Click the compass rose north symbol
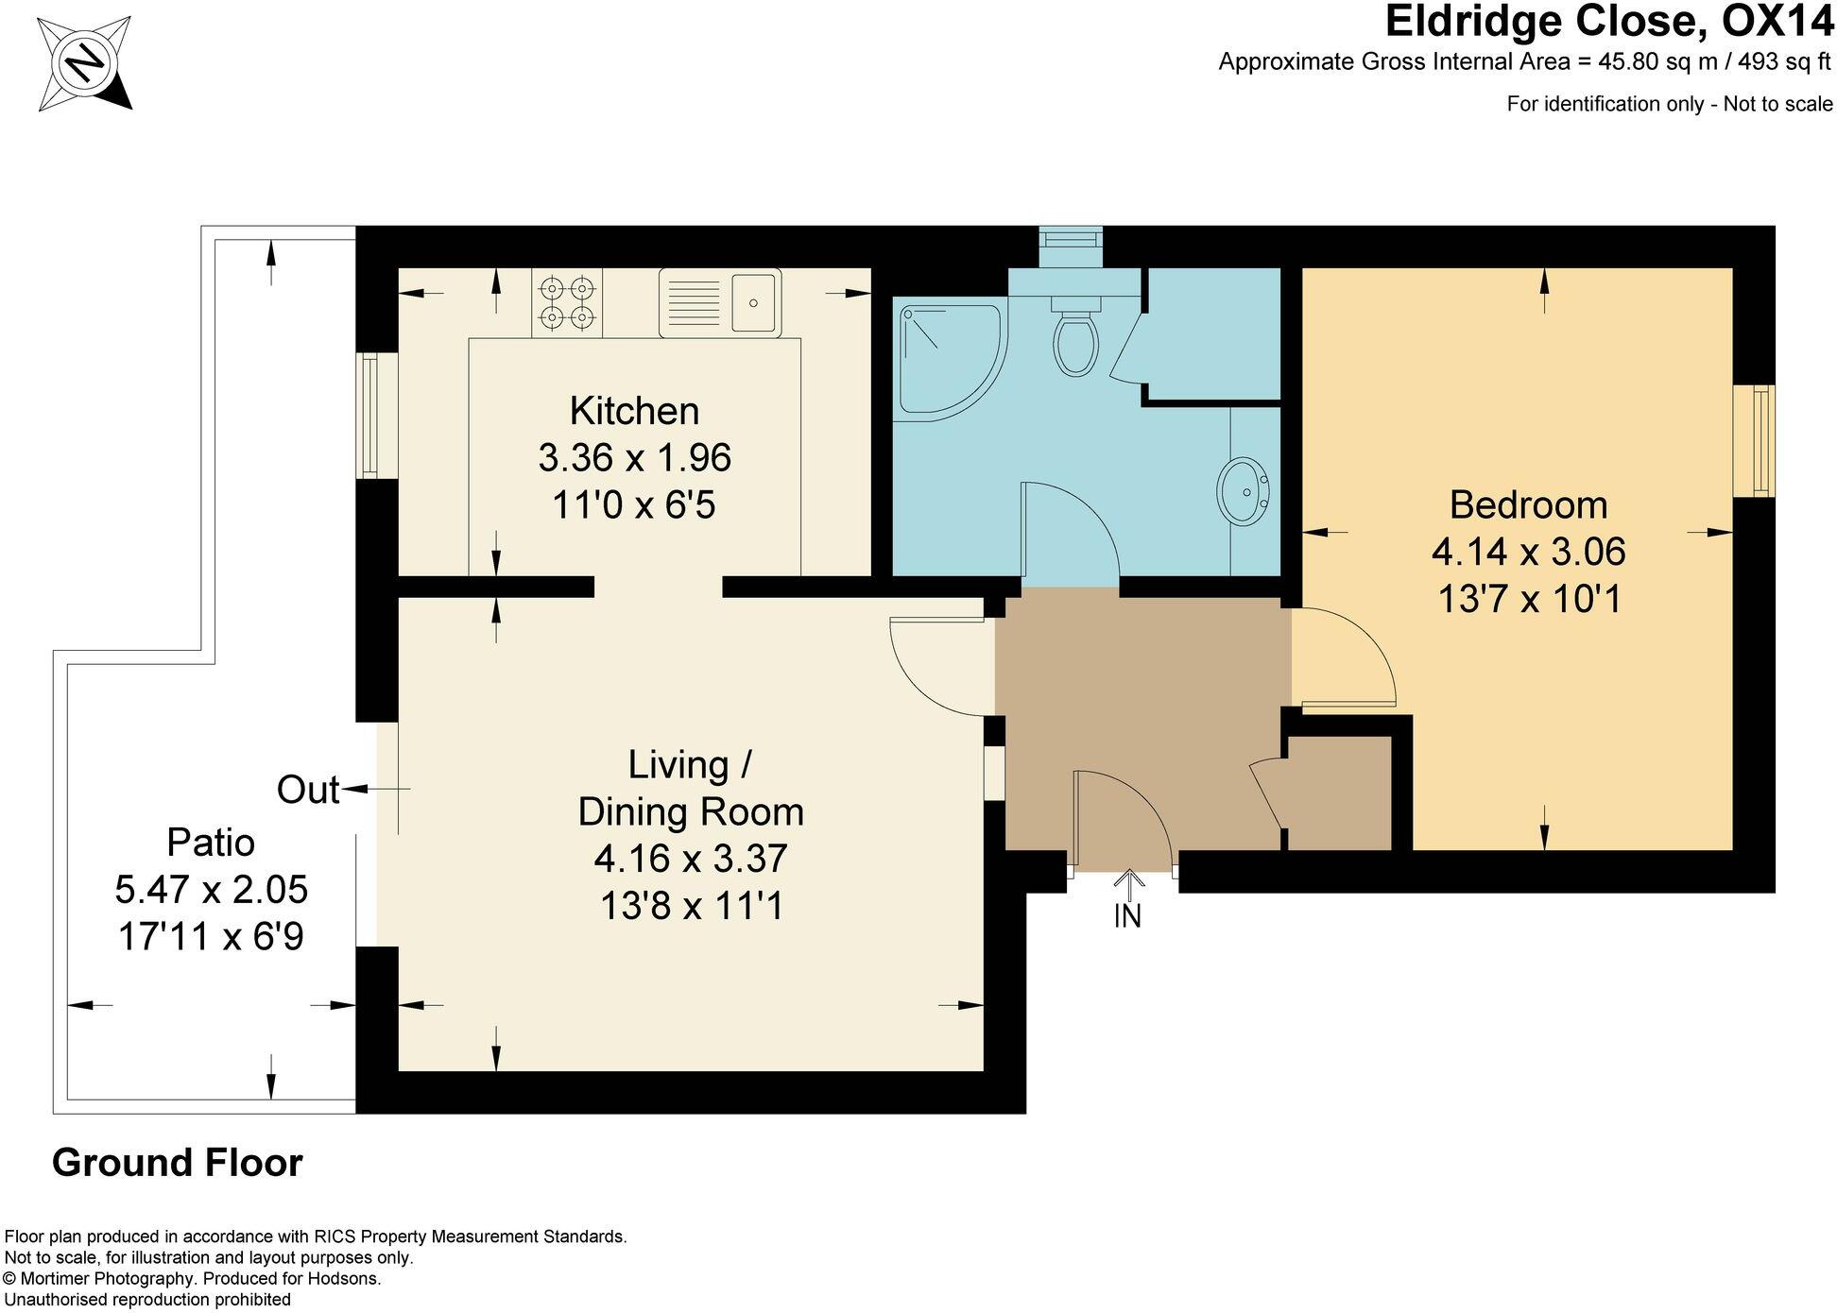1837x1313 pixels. (85, 63)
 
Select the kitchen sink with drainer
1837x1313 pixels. (720, 302)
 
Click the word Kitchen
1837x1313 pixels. (634, 411)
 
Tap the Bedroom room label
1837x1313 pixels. (1528, 504)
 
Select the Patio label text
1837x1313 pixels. (211, 842)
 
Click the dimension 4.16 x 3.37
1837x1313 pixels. (690, 859)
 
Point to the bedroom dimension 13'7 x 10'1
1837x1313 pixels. (1528, 599)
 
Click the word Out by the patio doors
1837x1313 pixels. (307, 790)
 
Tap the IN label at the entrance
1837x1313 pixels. (1127, 915)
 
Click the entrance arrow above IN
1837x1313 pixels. (1127, 881)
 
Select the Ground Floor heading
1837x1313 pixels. (177, 1163)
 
